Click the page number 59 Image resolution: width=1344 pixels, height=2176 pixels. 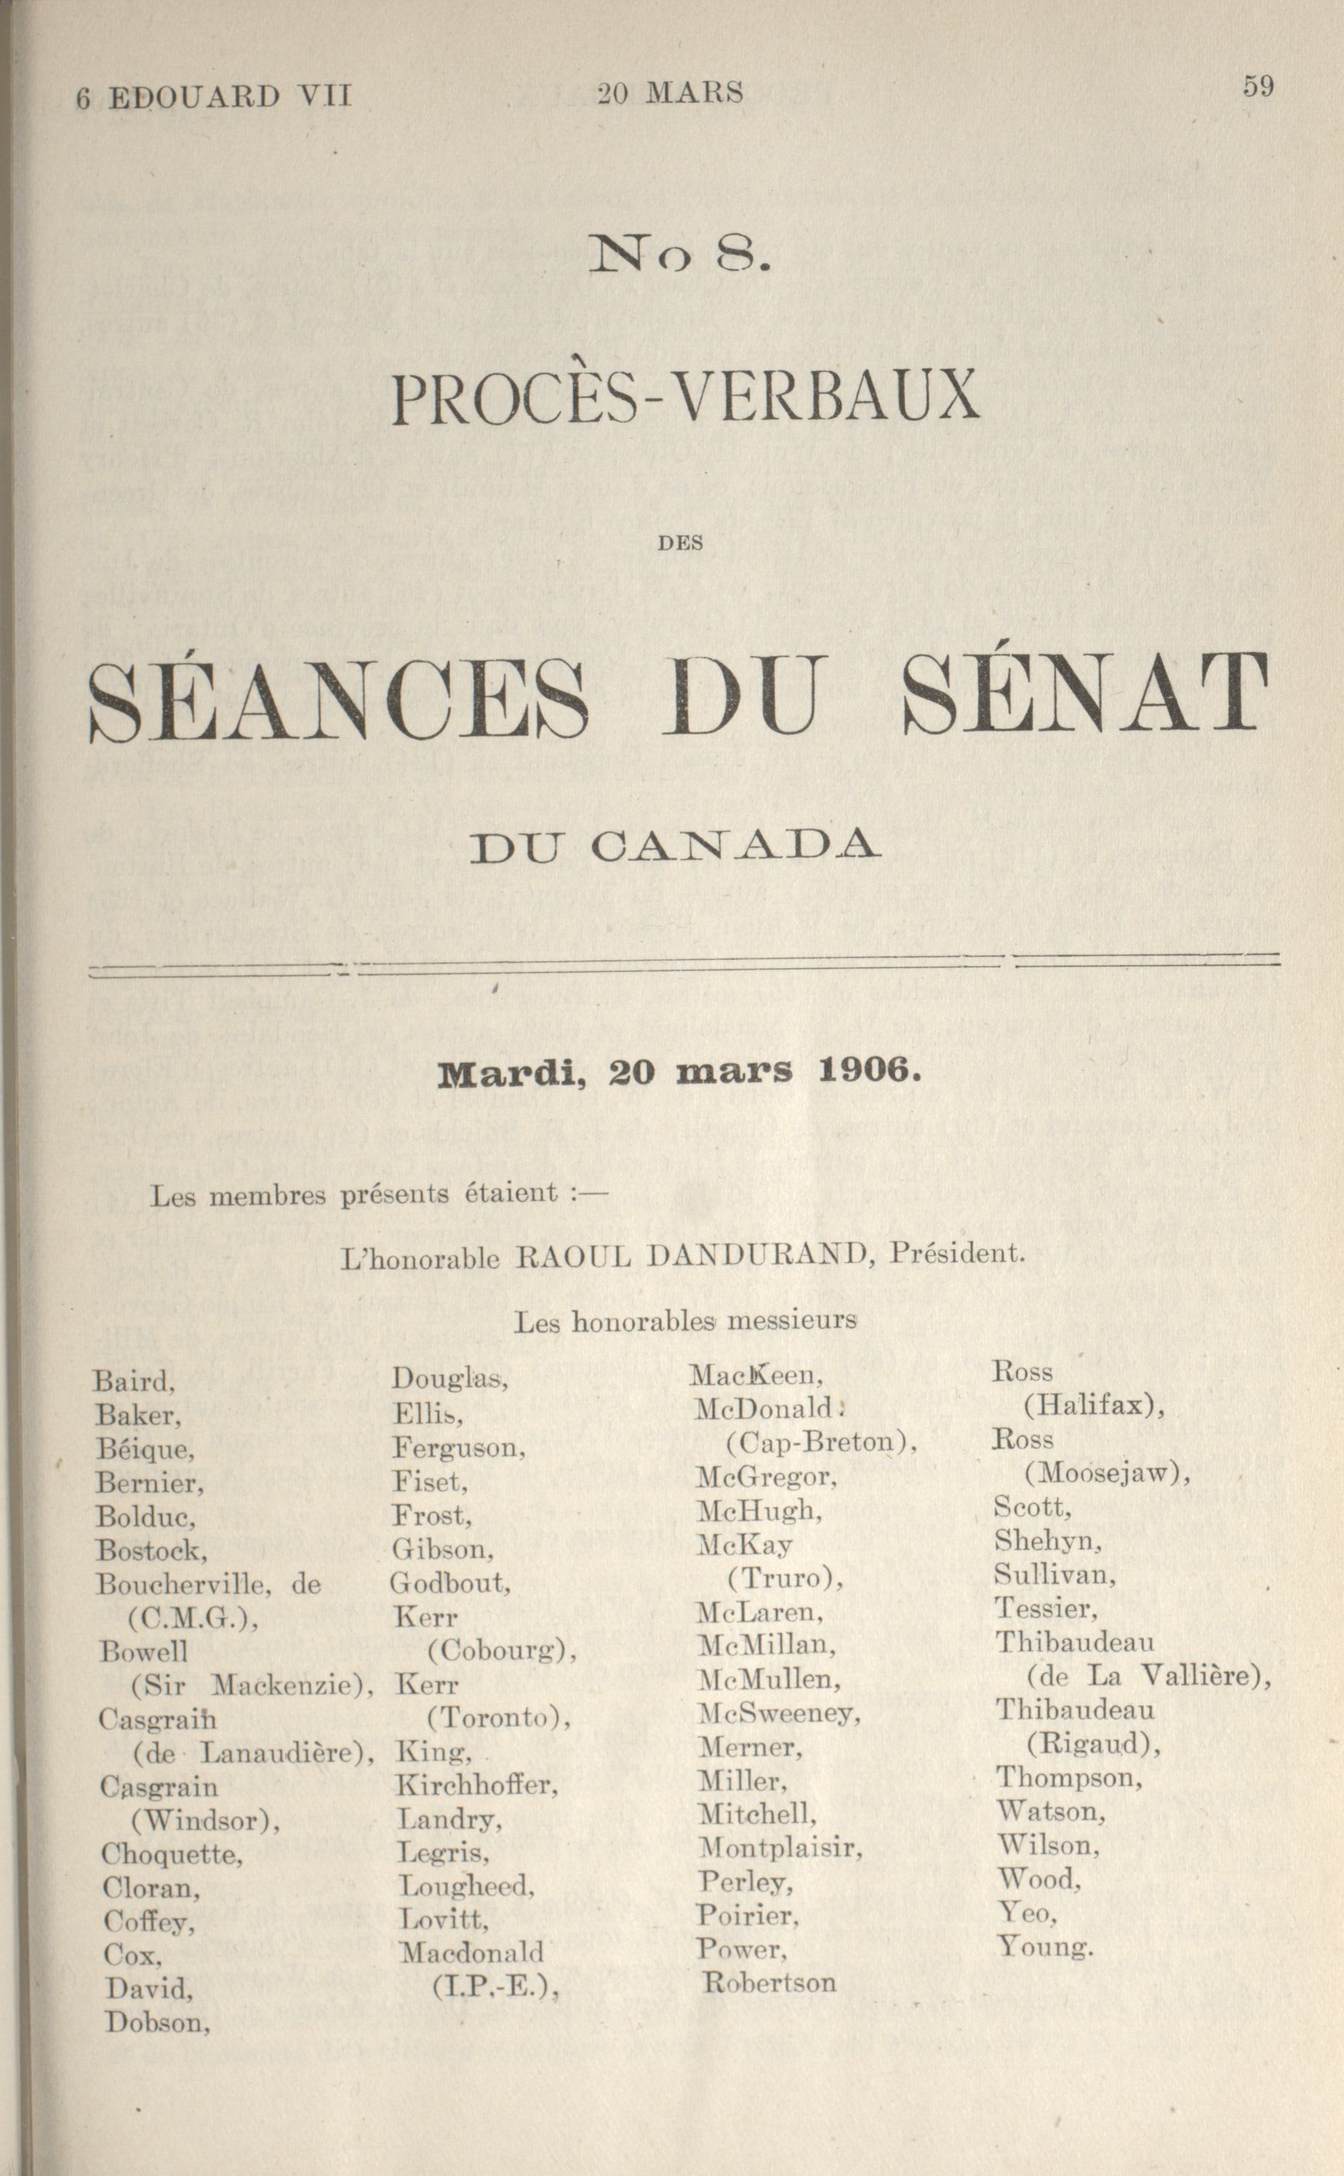(x=1259, y=86)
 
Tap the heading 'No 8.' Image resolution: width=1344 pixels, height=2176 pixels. (x=680, y=256)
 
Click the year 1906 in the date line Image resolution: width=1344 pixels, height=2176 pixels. (x=866, y=1072)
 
